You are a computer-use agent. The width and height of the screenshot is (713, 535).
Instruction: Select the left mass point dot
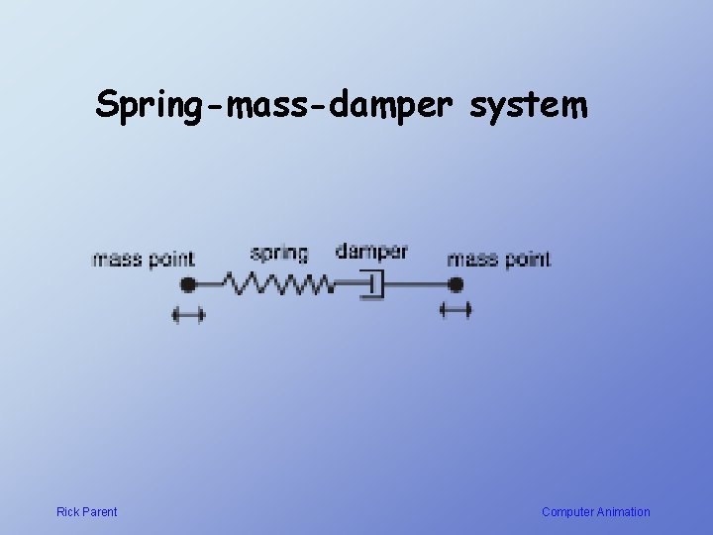click(188, 285)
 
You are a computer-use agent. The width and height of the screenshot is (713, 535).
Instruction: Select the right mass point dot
click(455, 285)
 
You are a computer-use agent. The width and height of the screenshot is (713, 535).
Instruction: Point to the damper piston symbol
click(370, 285)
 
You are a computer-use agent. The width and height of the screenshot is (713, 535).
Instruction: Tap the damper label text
click(371, 251)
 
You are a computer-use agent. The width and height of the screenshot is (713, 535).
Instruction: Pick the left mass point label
click(143, 260)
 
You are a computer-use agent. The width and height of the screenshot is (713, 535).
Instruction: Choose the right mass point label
click(498, 260)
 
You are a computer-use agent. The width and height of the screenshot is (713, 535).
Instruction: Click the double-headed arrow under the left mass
click(188, 315)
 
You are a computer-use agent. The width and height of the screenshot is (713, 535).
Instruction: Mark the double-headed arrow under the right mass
click(456, 311)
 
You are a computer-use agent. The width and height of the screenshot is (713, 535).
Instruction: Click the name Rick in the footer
click(68, 512)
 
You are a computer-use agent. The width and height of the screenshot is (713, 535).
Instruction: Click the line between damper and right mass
click(416, 285)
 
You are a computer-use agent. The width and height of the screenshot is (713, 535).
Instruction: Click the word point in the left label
click(171, 261)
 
